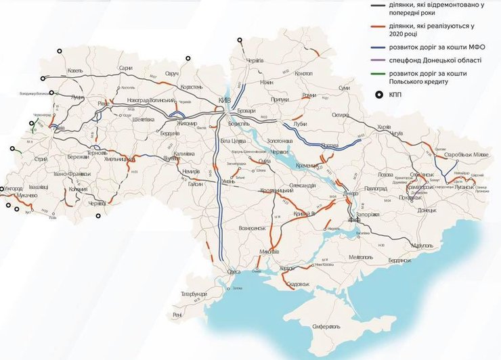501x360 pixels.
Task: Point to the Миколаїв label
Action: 269,251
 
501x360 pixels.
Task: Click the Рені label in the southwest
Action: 177,315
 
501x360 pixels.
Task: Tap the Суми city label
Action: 345,88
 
